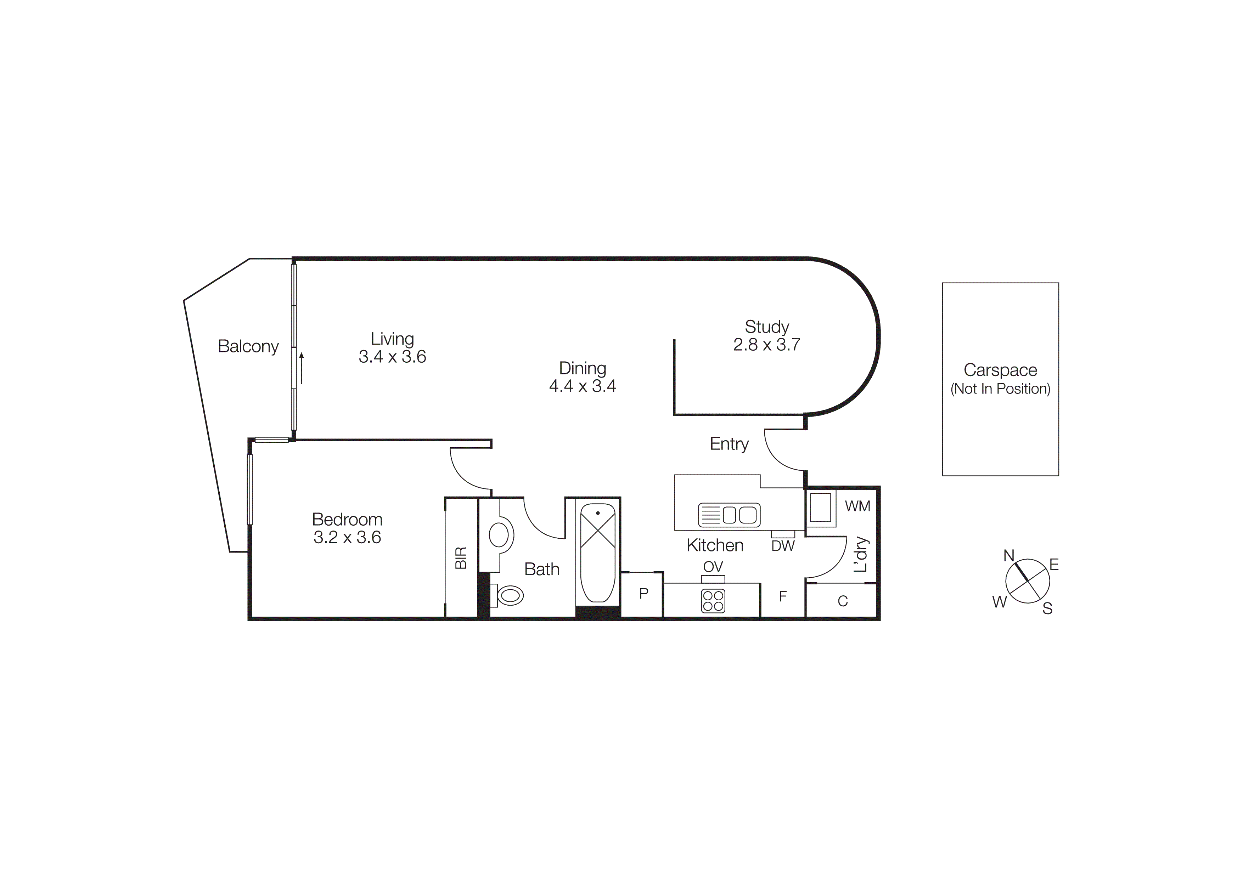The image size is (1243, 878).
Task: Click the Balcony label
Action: click(x=248, y=346)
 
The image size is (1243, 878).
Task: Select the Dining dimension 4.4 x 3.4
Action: click(x=583, y=386)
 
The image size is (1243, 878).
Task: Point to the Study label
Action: click(x=766, y=327)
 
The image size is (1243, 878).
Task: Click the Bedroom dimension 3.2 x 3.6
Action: click(x=347, y=538)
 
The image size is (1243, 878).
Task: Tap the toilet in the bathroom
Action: click(x=509, y=596)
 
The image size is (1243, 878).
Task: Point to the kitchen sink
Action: click(x=729, y=515)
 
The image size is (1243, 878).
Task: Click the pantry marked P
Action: click(x=643, y=594)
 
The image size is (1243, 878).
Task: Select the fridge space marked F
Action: click(x=782, y=597)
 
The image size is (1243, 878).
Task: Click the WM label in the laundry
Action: click(x=857, y=506)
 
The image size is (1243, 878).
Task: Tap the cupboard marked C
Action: click(x=842, y=601)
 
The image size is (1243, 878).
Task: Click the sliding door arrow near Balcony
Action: click(x=302, y=368)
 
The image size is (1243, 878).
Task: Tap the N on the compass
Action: click(x=1008, y=556)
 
